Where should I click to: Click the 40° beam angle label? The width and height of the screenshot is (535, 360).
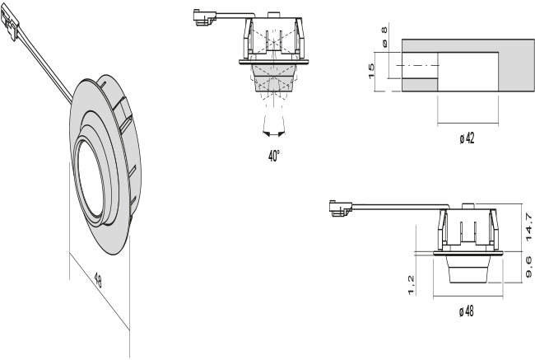click(x=273, y=157)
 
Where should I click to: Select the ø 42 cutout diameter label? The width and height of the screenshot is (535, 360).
click(x=467, y=138)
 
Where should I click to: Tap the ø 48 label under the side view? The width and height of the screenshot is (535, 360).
click(x=466, y=311)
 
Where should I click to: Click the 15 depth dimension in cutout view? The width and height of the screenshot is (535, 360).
click(x=371, y=73)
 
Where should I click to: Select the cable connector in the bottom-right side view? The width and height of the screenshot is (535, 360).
click(x=337, y=207)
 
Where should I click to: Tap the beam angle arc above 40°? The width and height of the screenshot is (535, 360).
click(x=272, y=130)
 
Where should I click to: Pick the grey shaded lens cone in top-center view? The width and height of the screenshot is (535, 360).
click(x=272, y=79)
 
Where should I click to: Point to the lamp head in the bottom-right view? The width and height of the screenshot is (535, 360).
click(x=466, y=269)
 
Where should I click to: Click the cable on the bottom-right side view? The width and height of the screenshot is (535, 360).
click(x=395, y=208)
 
